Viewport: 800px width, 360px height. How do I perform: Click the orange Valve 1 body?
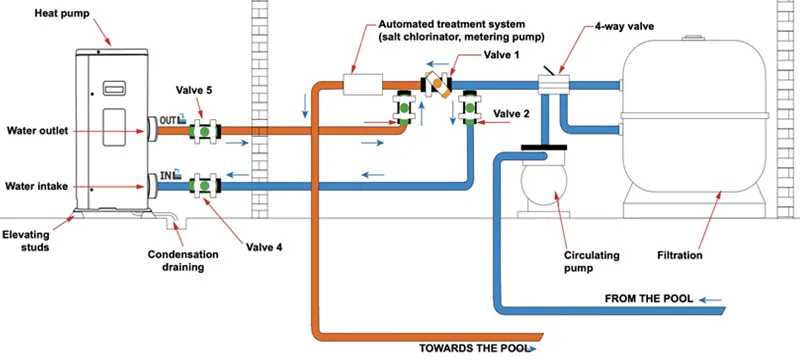[438, 84]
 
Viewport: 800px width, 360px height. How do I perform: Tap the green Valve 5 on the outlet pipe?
[205, 132]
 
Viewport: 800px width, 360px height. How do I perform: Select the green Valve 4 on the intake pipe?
[205, 186]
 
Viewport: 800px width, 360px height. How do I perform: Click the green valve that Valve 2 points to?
[469, 108]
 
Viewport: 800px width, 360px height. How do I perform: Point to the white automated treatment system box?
[362, 84]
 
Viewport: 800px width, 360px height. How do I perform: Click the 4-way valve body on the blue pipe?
[554, 85]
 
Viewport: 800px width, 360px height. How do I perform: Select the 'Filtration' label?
[680, 255]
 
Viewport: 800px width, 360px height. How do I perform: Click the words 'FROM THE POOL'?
[649, 299]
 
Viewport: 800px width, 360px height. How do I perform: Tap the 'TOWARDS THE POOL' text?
[472, 349]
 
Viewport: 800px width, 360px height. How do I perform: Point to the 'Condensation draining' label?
[183, 261]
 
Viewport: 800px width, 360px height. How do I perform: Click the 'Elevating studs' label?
[26, 242]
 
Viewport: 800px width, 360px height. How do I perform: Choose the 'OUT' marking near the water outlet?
[167, 120]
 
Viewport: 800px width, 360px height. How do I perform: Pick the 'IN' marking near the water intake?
[165, 176]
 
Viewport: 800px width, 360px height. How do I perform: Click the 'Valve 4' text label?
[264, 247]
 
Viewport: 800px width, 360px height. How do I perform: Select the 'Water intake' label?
[36, 187]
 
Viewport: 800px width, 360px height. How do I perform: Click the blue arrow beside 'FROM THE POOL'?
[710, 300]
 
